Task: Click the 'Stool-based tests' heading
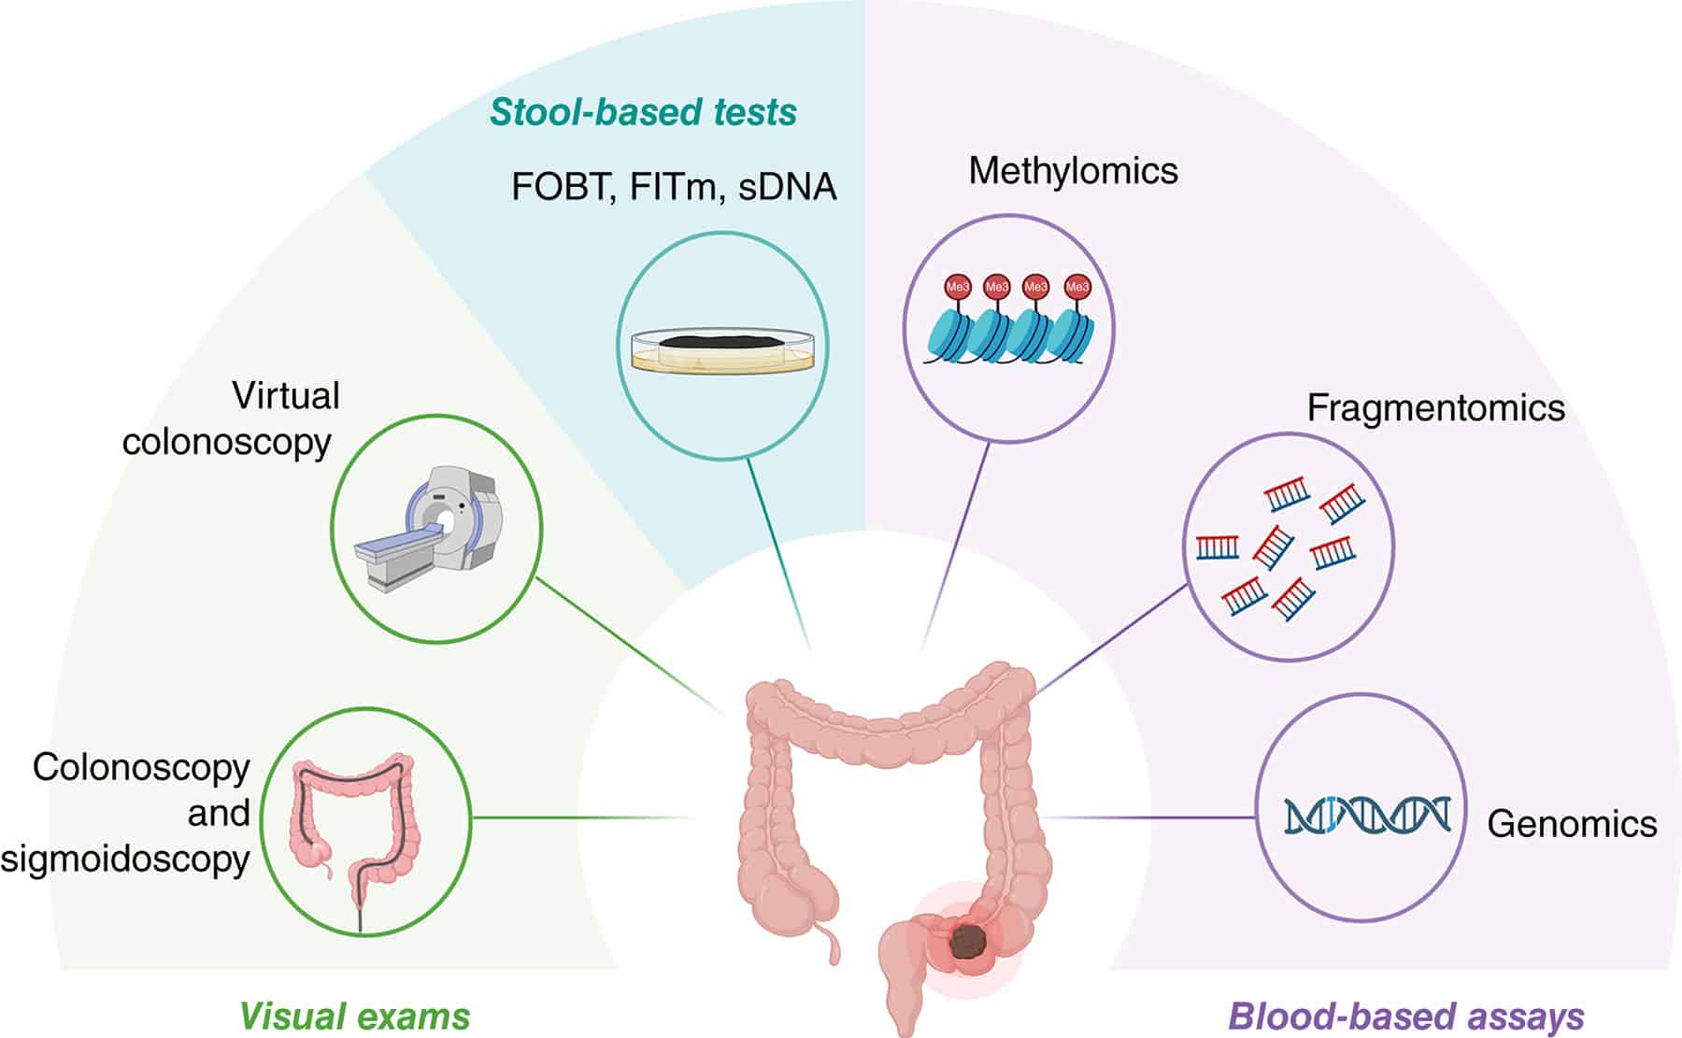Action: [x=643, y=112]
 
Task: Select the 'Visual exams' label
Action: [x=355, y=1017]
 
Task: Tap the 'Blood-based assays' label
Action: [x=1405, y=1017]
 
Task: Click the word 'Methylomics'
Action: [x=1073, y=171]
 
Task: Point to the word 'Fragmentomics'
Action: [x=1435, y=408]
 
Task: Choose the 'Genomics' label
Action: [x=1572, y=824]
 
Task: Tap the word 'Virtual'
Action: [x=285, y=396]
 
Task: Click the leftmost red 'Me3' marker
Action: [x=958, y=287]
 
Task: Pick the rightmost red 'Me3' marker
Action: [x=1076, y=287]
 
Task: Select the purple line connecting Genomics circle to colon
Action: [x=1149, y=818]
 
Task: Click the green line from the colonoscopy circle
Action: [x=579, y=818]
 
